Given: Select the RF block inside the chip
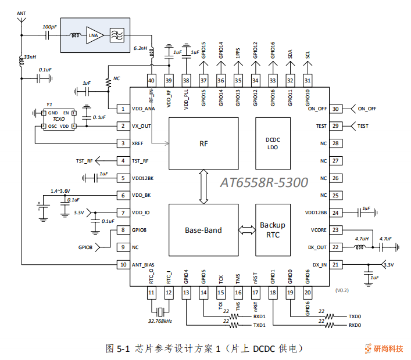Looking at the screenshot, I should click(203, 142).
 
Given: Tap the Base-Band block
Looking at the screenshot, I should click(203, 230).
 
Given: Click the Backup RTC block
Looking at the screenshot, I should click(272, 230).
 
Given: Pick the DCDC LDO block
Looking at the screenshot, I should click(273, 143).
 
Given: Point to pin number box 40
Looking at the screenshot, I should click(151, 80).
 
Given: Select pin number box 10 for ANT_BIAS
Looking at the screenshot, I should click(123, 265).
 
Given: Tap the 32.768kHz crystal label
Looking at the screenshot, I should click(160, 321).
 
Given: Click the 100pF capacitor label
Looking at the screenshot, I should click(49, 27).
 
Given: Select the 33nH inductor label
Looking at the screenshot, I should click(29, 57).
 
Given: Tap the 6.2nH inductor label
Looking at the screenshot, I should click(141, 49).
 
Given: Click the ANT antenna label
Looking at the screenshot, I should click(22, 12).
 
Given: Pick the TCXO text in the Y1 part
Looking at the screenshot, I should click(58, 119).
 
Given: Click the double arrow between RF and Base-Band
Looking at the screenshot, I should click(203, 186).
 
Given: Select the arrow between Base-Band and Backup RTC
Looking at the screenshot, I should click(246, 230).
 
